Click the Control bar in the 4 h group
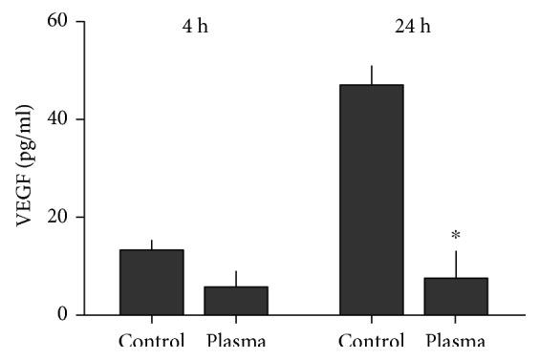tap(152, 282)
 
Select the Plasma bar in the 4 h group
tap(235, 300)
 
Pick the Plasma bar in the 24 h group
tap(456, 296)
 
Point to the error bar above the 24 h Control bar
tap(372, 74)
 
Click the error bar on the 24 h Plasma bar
tap(456, 265)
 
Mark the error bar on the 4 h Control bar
tap(152, 244)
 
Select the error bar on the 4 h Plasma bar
tap(235, 279)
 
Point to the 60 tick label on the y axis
tap(65, 22)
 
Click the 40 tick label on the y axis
tap(65, 119)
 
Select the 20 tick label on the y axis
tap(65, 217)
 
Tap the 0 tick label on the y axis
tap(70, 314)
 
